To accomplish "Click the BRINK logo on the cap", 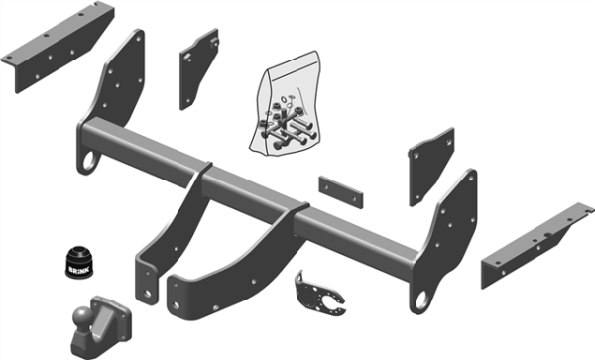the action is (79, 270).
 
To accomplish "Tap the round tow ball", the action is (82, 315).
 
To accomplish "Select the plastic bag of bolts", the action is (286, 103).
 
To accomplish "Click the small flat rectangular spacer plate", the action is (341, 192).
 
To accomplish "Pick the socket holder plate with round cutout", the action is (318, 294).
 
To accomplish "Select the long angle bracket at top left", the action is (57, 47).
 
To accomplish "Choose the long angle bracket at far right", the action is (536, 245).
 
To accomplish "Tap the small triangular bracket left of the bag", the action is (199, 68).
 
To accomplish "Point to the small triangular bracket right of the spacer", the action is (431, 167).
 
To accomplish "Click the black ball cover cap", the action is (79, 262).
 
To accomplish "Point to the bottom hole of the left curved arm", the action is (148, 293).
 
